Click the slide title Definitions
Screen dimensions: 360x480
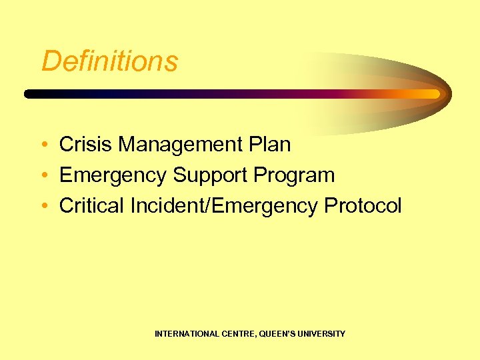pyautogui.click(x=109, y=61)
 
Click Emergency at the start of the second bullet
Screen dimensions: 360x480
pyautogui.click(x=113, y=175)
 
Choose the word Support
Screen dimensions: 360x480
pyautogui.click(x=210, y=175)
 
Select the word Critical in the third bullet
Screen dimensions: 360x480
pyautogui.click(x=92, y=206)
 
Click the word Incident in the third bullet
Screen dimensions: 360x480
pyautogui.click(x=169, y=206)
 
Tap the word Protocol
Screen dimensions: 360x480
pyautogui.click(x=363, y=206)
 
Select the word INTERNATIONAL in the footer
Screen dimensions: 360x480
pyautogui.click(x=186, y=333)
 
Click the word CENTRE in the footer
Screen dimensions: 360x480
pyautogui.click(x=238, y=333)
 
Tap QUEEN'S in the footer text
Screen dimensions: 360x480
pyautogui.click(x=279, y=333)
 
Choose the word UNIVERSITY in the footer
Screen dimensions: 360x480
pyautogui.click(x=322, y=333)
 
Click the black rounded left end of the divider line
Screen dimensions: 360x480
pyautogui.click(x=29, y=94)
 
